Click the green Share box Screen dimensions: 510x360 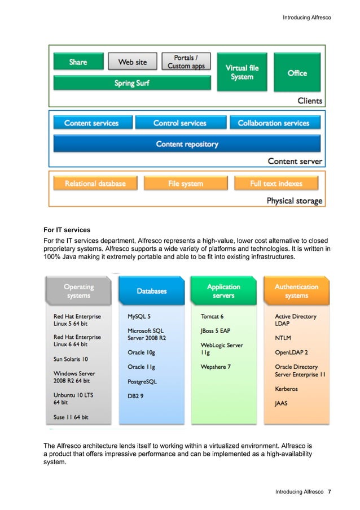(78, 62)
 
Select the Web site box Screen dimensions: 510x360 (133, 62)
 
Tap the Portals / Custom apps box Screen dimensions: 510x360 (186, 62)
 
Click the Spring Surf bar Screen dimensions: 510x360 (132, 83)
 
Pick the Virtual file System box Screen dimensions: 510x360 (242, 72)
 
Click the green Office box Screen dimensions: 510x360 (297, 72)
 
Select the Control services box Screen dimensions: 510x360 (180, 123)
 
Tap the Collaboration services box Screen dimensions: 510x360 (274, 123)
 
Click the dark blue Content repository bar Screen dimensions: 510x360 (187, 144)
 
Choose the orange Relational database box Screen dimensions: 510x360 (95, 184)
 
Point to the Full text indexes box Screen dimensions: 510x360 (276, 184)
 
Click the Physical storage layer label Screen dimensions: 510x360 (294, 200)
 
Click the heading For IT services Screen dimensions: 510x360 (68, 230)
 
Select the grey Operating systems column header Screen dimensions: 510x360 (78, 291)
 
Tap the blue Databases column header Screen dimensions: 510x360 (151, 291)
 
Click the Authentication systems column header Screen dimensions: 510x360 (296, 291)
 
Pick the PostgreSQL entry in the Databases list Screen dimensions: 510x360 (142, 382)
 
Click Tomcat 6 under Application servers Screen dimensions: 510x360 (212, 317)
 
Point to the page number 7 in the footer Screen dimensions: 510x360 (329, 491)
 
